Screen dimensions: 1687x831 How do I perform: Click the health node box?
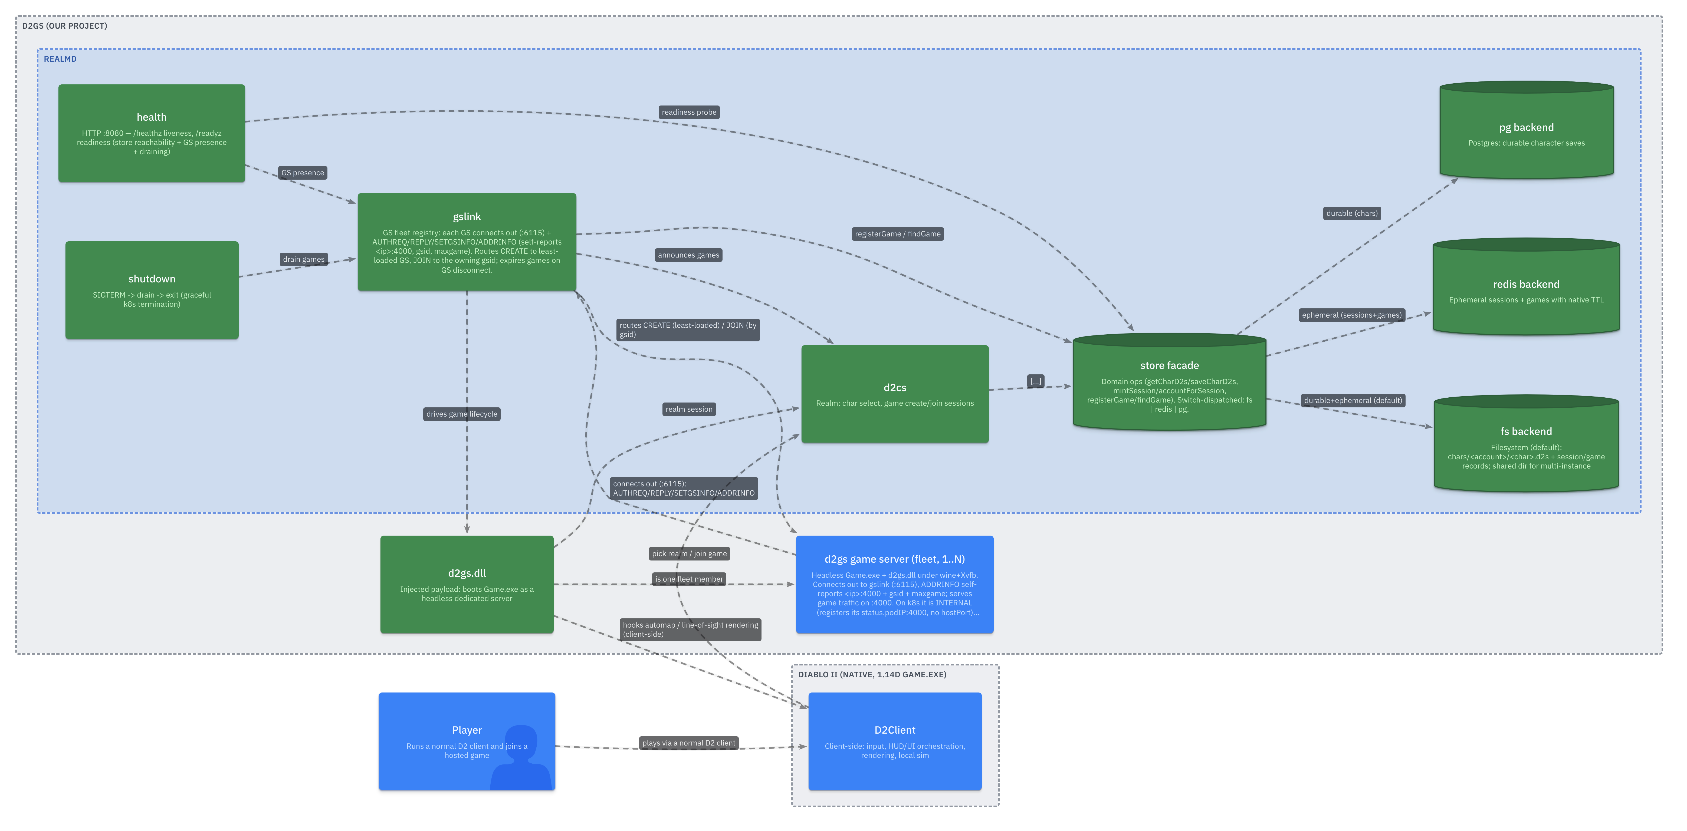click(151, 133)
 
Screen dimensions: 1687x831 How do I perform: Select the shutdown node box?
click(152, 290)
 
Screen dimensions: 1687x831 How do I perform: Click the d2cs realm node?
click(895, 394)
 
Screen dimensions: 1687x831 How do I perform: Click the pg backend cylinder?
click(1526, 130)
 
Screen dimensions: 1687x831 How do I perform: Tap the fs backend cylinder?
click(1526, 443)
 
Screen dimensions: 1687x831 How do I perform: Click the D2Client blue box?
click(895, 741)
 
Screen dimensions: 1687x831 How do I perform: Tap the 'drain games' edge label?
click(303, 259)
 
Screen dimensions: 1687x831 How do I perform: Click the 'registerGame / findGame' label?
click(897, 234)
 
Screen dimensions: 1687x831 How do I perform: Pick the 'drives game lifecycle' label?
click(462, 414)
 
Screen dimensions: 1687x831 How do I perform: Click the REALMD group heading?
click(60, 59)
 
